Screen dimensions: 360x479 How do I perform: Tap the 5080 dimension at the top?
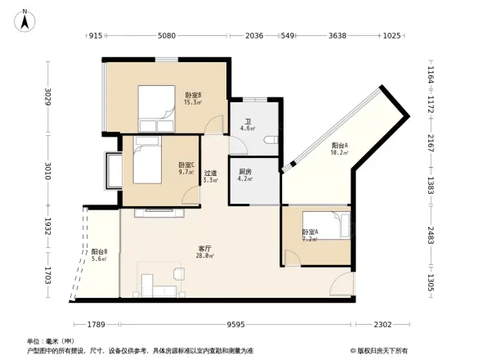coord(167,36)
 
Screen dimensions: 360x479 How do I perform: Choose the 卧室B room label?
coord(193,98)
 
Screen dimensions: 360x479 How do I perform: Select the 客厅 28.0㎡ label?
coord(205,251)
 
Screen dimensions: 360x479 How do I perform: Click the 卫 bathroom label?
coord(245,125)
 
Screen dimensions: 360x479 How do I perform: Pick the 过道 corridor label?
coord(210,176)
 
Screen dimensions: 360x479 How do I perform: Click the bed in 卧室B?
coord(156,108)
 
